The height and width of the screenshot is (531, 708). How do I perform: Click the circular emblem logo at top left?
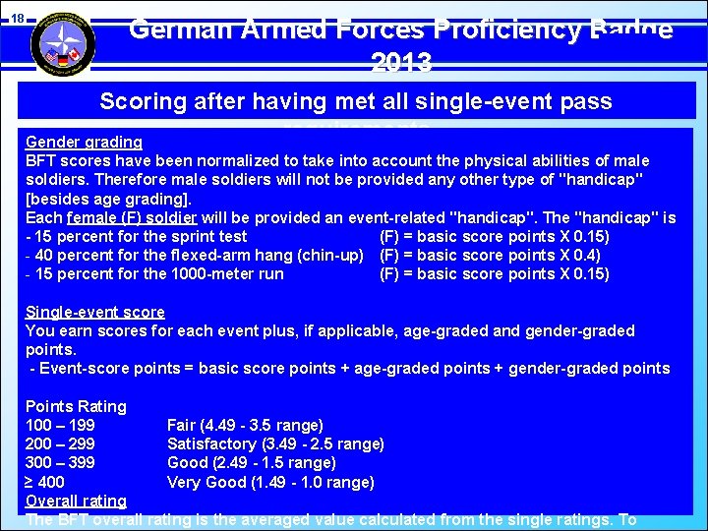coord(63,42)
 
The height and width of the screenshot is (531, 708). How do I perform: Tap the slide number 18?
coord(17,17)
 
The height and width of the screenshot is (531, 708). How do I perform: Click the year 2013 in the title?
coord(401,64)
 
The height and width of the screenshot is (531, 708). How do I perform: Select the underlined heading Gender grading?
coord(84,142)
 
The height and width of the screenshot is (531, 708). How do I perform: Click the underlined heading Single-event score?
coord(94,312)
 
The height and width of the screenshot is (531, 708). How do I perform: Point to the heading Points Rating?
coord(76,406)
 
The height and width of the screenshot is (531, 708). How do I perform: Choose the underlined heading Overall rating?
coord(76,501)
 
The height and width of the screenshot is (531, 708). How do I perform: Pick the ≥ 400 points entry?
coord(45,482)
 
